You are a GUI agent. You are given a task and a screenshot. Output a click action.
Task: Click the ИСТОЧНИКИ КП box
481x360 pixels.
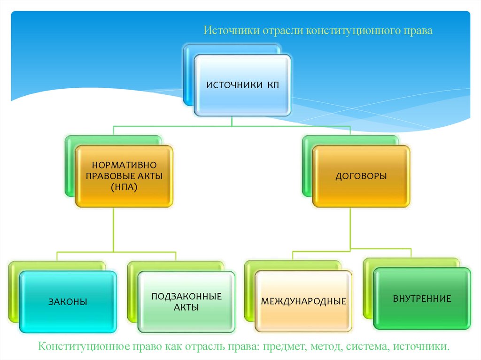coord(242,85)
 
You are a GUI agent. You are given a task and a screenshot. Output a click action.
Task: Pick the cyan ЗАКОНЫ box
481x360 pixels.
coord(68,302)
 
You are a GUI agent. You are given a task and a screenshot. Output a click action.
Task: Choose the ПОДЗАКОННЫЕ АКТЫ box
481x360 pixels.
coord(186,302)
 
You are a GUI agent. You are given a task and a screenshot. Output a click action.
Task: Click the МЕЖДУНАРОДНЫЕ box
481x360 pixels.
coord(303,301)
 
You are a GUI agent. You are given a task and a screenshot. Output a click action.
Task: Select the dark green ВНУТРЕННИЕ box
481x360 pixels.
coord(422,299)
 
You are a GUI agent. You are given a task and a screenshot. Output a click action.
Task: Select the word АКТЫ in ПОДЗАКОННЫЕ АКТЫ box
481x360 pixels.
coord(186,308)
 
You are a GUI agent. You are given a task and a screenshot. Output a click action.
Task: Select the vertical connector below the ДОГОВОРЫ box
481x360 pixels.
coord(350,228)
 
